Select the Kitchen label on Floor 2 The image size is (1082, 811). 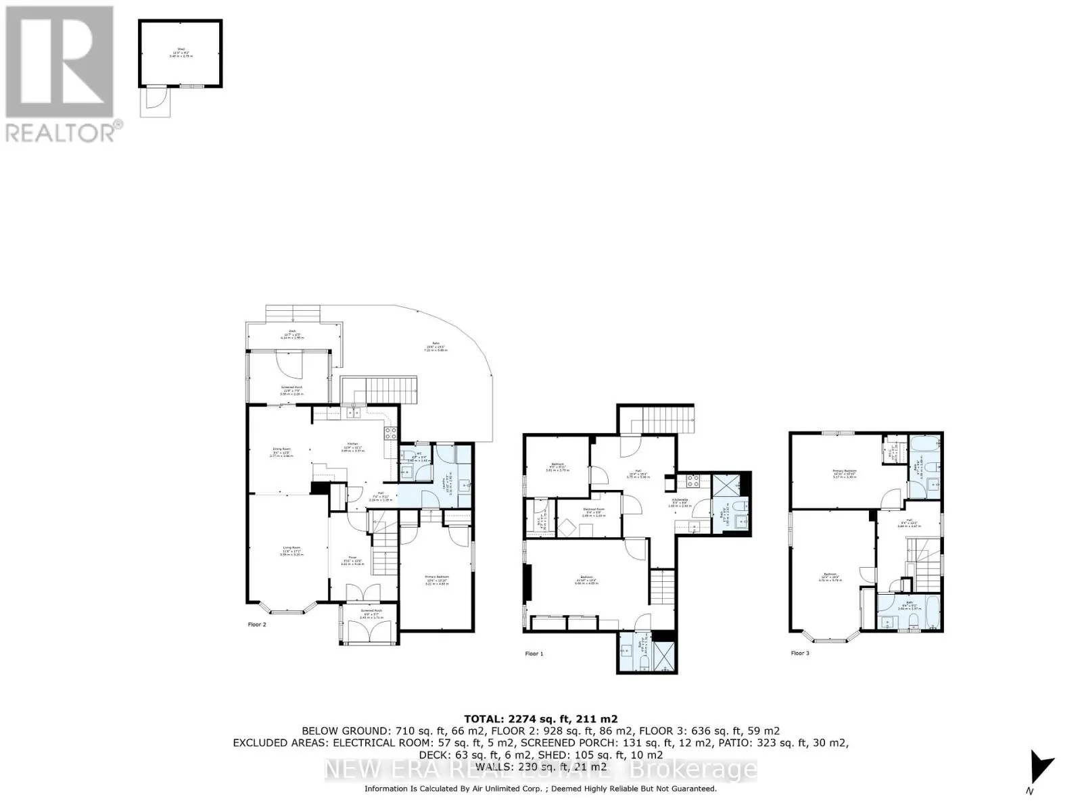[x=349, y=446]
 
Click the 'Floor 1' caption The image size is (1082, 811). [x=534, y=654]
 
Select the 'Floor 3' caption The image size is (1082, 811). [x=800, y=653]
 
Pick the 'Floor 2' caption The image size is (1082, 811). [x=257, y=624]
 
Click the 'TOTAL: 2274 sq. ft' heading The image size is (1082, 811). [x=540, y=719]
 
